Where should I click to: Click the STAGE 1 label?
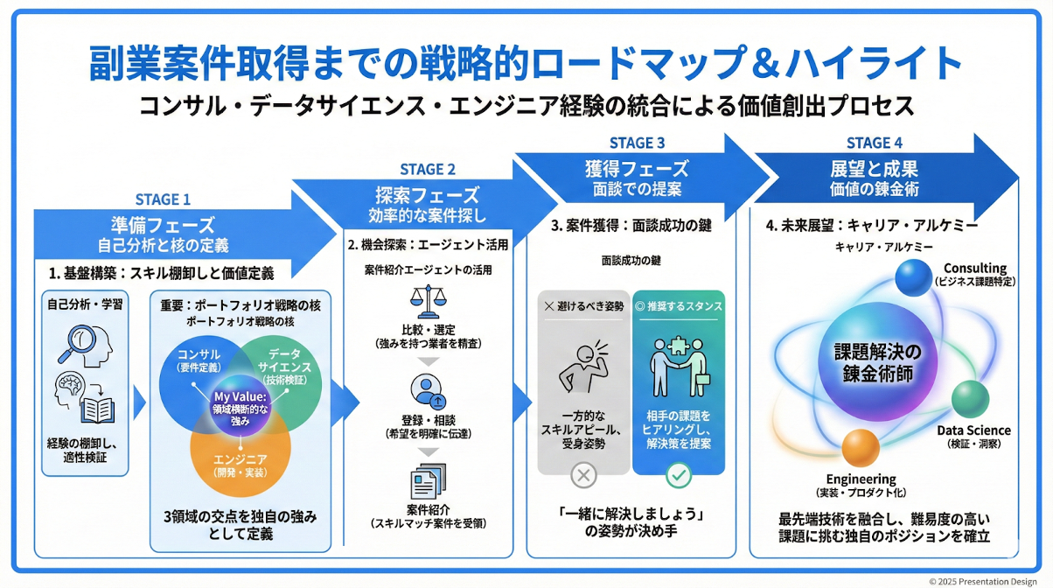pyautogui.click(x=163, y=199)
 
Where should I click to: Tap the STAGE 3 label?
pyautogui.click(x=637, y=143)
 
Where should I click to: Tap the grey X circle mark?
pyautogui.click(x=583, y=476)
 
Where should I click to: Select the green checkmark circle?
pyautogui.click(x=679, y=476)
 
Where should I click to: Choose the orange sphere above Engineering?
pyautogui.click(x=862, y=449)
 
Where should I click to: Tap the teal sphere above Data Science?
pyautogui.click(x=970, y=399)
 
